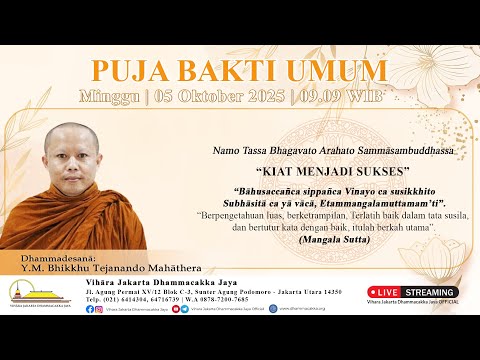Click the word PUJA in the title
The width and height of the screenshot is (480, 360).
tap(126, 70)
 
